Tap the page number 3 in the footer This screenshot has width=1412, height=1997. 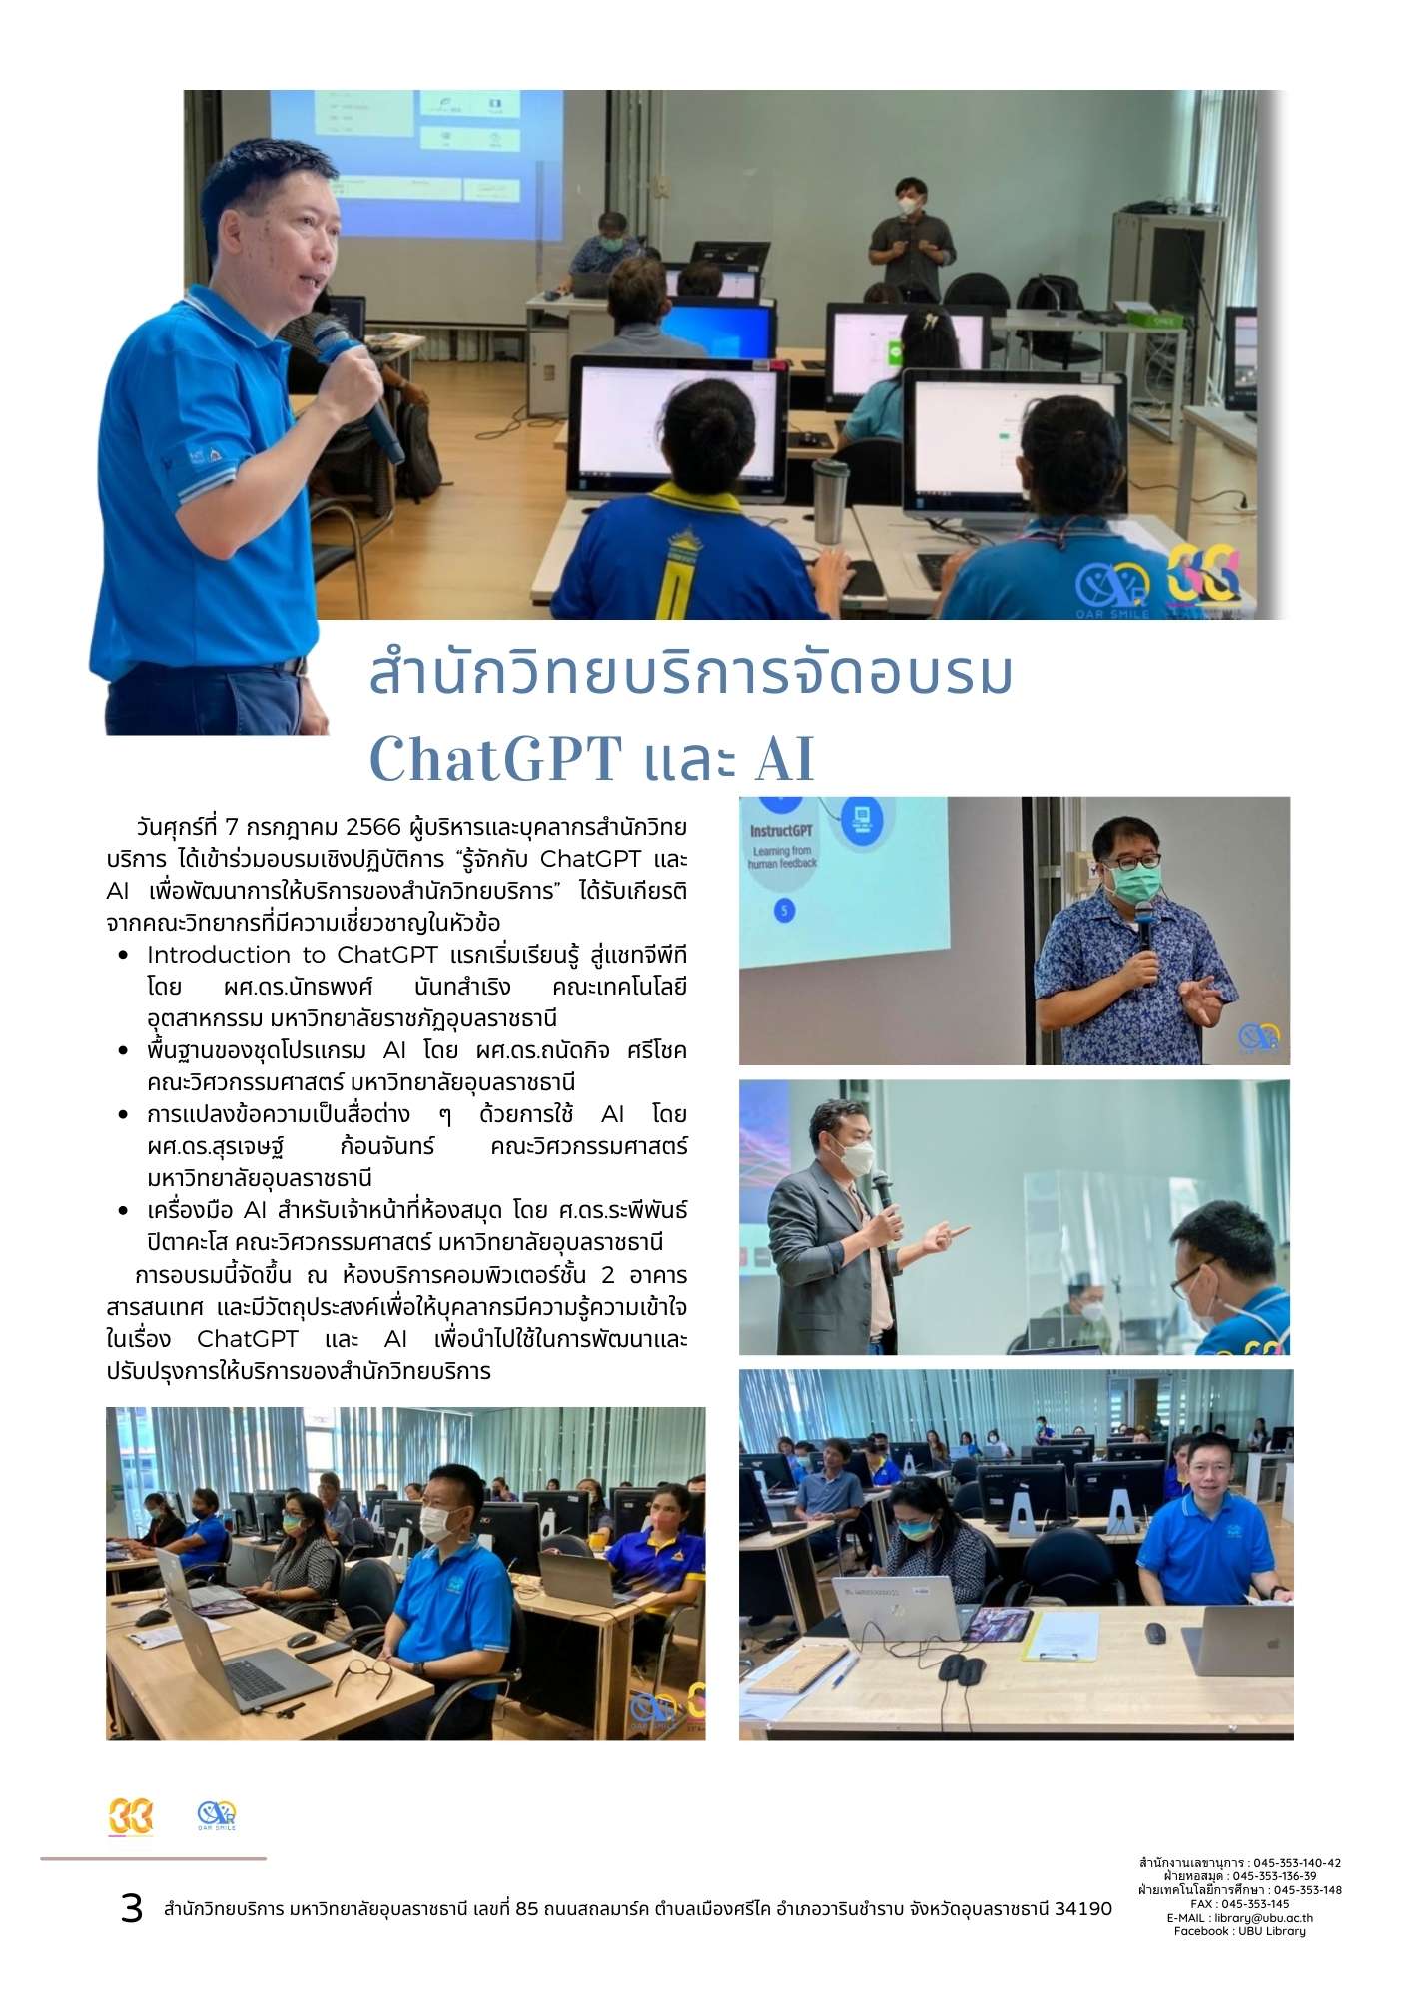coord(132,1908)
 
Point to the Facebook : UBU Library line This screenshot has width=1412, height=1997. coord(1239,1931)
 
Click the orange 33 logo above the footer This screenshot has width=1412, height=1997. coord(131,1816)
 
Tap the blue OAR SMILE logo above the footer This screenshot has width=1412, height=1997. coord(217,1815)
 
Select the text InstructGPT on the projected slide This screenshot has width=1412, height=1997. coord(782,830)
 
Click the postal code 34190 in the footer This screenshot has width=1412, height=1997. coord(1083,1909)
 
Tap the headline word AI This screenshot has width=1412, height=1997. coord(784,759)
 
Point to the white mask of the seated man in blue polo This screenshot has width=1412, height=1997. coord(436,1523)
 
